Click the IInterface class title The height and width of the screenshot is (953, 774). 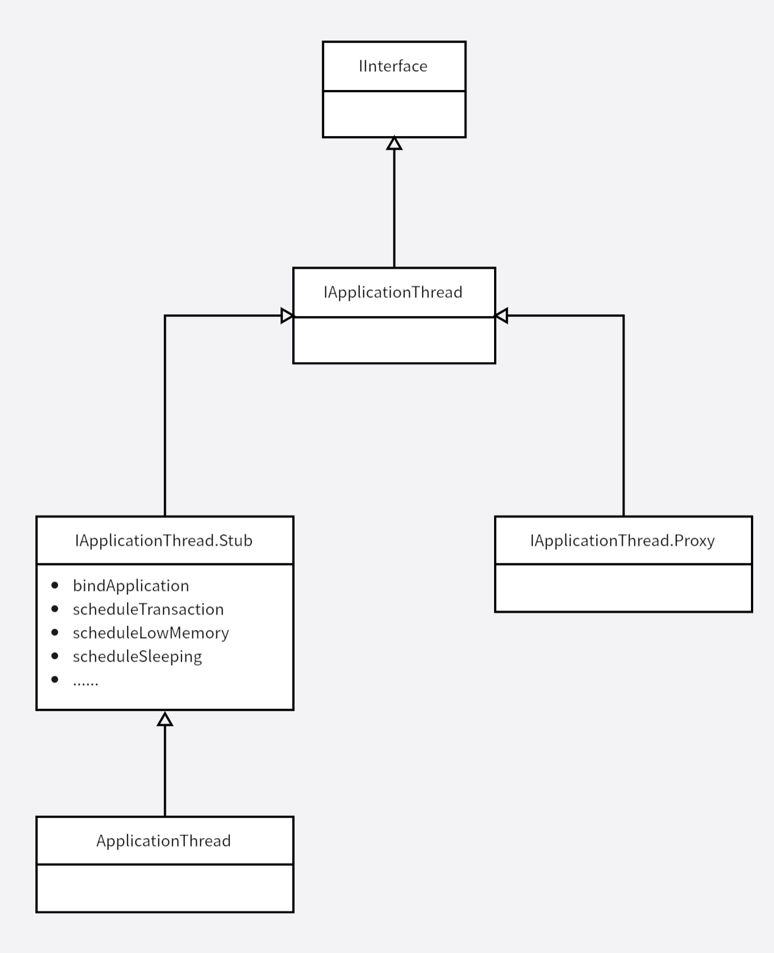pos(393,66)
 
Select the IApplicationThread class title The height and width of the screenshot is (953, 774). pos(393,292)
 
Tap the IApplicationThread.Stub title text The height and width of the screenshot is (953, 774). pos(164,541)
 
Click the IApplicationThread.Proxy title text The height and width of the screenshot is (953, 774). pos(622,541)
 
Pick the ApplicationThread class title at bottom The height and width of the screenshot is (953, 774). pos(164,841)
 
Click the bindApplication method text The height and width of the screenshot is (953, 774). pos(131,586)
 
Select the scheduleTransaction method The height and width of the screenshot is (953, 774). pos(148,609)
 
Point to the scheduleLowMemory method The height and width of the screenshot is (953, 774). pos(151,633)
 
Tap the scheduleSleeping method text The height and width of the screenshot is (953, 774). pos(137,657)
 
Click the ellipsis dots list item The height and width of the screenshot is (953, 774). pos(85,681)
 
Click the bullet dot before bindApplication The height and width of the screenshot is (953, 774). pos(55,585)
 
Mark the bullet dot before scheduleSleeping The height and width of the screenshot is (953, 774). pos(55,656)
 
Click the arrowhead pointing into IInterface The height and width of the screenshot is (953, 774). pos(394,144)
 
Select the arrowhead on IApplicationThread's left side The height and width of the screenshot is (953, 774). pos(287,316)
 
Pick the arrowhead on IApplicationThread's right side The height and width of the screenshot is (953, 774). pos(501,316)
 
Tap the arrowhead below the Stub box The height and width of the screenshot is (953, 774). pos(165,719)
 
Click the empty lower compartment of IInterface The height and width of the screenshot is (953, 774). pos(394,114)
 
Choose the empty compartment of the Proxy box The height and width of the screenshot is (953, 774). pos(623,588)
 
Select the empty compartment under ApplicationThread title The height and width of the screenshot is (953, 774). pos(165,888)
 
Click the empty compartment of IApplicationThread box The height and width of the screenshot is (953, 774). pos(394,340)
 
